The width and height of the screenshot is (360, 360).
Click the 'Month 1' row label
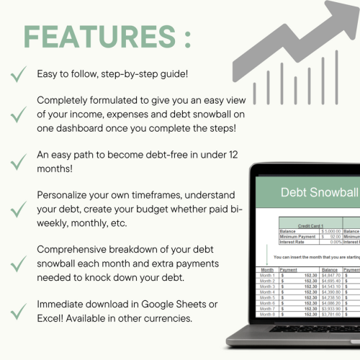(268, 274)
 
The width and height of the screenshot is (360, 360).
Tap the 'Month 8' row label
(268, 314)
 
